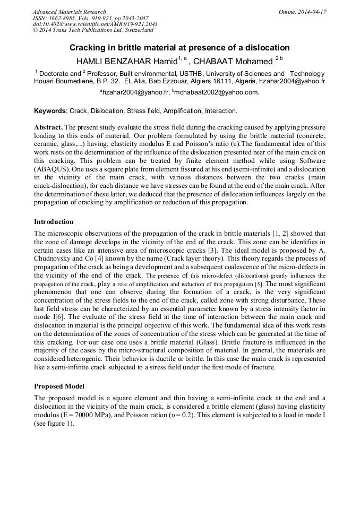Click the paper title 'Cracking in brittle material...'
pyautogui.click(x=179, y=47)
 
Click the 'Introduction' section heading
pyautogui.click(x=54, y=221)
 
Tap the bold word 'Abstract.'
pyautogui.click(x=49, y=128)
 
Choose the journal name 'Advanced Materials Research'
pyautogui.click(x=69, y=12)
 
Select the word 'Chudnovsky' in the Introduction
pyautogui.click(x=53, y=258)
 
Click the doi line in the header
pyautogui.click(x=95, y=24)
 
